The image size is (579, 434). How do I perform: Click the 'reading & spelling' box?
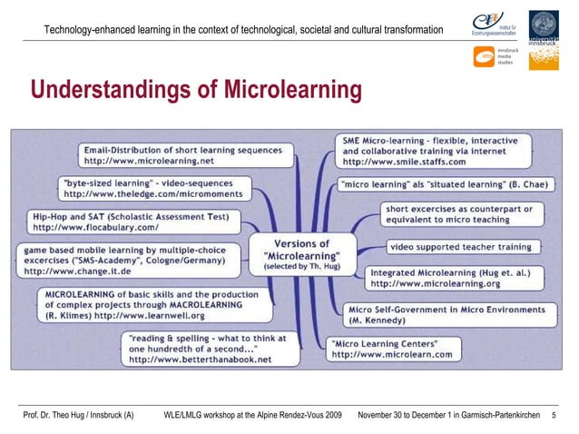point(200,348)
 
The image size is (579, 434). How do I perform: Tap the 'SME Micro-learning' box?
point(430,151)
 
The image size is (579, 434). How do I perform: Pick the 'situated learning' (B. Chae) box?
point(444,184)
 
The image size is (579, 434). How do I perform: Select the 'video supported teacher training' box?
point(461,246)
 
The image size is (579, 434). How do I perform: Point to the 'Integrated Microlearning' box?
point(448,277)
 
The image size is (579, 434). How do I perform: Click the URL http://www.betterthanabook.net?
point(200,360)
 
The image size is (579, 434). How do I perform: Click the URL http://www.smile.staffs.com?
point(404,162)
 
